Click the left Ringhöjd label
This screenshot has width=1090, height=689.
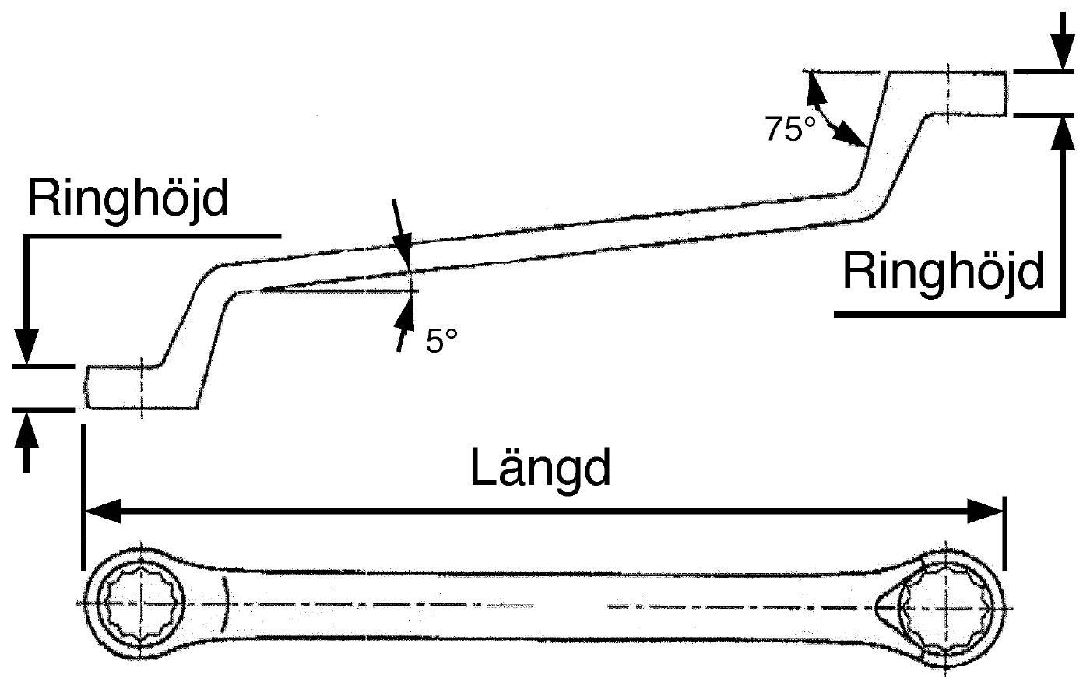pos(128,199)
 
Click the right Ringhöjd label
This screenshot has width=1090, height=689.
pos(944,272)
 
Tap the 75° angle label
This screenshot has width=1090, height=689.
pos(790,129)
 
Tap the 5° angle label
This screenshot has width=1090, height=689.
pos(441,341)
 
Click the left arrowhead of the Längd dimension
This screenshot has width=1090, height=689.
pos(103,511)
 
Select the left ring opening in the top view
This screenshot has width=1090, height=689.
pos(141,603)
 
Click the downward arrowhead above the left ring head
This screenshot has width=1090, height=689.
pos(26,346)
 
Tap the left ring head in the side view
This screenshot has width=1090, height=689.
pos(141,388)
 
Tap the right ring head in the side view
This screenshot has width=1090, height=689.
pos(949,93)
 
